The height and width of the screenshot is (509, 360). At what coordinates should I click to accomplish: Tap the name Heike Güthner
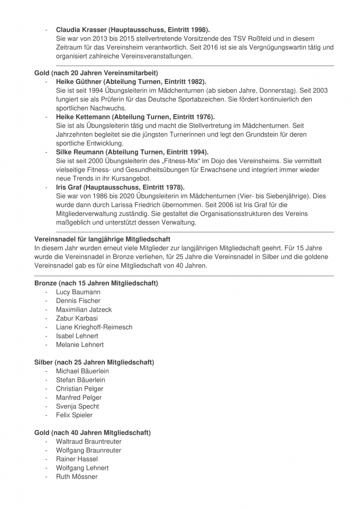click(x=79, y=82)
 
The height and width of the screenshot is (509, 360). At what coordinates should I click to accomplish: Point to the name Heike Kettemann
click(x=83, y=117)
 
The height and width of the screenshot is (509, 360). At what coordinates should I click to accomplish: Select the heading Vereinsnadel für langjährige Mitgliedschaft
click(x=102, y=240)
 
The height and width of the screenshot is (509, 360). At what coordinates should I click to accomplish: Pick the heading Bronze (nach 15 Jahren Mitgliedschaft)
click(x=96, y=283)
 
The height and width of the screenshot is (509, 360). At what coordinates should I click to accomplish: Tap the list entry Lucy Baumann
click(x=78, y=292)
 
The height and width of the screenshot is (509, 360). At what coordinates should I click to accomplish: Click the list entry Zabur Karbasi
click(x=77, y=319)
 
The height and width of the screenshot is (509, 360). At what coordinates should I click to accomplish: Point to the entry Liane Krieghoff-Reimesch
click(x=94, y=327)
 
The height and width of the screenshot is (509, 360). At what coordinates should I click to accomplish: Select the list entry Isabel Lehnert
click(x=77, y=336)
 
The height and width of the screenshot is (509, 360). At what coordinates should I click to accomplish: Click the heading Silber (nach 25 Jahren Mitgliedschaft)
click(x=94, y=362)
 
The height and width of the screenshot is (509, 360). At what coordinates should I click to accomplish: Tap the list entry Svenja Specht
click(x=78, y=407)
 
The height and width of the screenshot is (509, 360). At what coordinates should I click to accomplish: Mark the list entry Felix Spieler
click(x=74, y=415)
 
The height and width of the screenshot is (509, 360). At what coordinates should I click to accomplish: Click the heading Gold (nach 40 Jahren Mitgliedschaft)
click(x=92, y=433)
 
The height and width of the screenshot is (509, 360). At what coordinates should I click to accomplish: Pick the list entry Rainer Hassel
click(x=77, y=459)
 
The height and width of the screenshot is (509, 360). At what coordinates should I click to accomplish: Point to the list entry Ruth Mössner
click(x=77, y=477)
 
